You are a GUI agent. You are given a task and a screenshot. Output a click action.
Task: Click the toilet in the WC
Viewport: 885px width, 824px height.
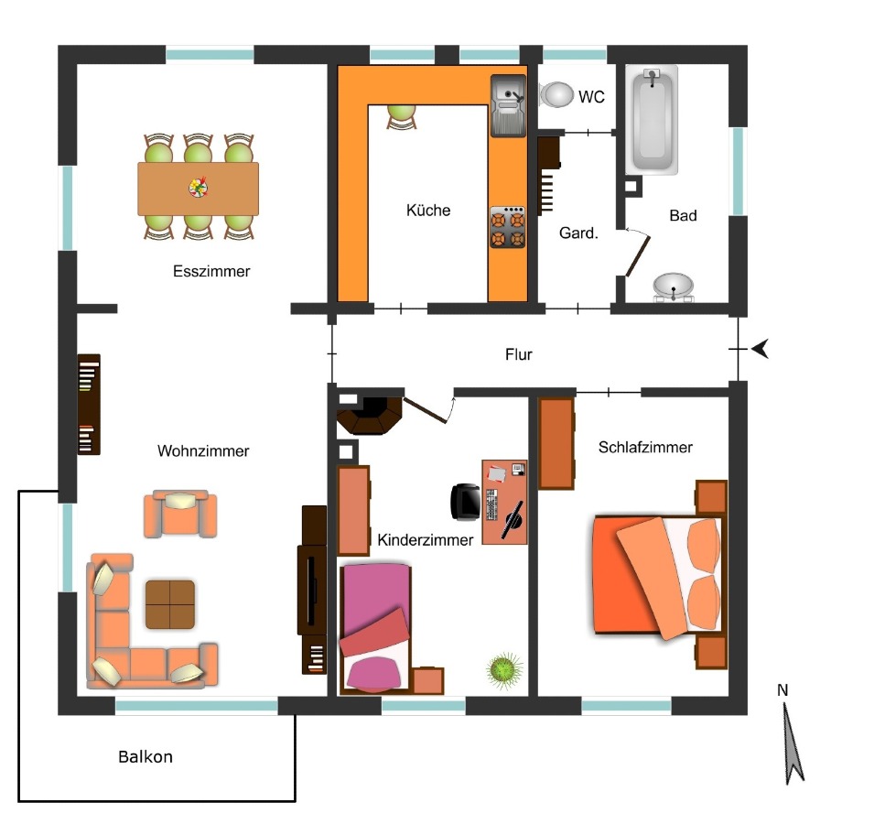click(556, 94)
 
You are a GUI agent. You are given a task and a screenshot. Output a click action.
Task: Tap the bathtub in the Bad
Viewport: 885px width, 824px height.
click(652, 119)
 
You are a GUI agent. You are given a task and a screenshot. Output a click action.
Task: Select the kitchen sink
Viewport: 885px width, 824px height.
click(508, 105)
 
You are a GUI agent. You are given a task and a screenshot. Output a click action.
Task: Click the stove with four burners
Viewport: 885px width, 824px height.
click(507, 227)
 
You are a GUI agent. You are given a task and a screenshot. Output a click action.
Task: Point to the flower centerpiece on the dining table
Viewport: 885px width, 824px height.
click(198, 187)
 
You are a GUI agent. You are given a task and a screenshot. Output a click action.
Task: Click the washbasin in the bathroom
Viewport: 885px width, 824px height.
click(673, 287)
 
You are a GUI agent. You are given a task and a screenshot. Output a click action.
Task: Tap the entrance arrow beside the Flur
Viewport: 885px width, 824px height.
click(760, 349)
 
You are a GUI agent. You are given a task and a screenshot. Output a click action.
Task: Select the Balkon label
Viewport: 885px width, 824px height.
click(145, 757)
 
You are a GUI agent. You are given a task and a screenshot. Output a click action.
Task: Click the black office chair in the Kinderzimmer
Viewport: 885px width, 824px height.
click(465, 501)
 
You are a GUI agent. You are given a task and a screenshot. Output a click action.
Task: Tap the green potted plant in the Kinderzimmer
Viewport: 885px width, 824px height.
click(504, 670)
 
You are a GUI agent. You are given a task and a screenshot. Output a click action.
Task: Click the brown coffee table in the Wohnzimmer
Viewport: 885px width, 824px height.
click(170, 604)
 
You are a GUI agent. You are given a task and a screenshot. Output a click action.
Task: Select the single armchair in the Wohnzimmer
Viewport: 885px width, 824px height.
click(180, 514)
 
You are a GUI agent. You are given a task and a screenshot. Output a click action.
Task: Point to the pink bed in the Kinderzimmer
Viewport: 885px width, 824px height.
click(374, 628)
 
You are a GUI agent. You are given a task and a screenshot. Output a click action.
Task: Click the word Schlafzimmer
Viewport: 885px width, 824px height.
click(645, 448)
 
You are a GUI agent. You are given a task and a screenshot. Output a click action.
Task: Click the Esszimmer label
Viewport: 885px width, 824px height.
click(211, 271)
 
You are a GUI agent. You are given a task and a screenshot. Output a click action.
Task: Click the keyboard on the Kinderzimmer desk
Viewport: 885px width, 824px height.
click(491, 504)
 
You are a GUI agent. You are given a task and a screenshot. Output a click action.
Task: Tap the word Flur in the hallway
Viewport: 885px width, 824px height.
click(518, 354)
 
